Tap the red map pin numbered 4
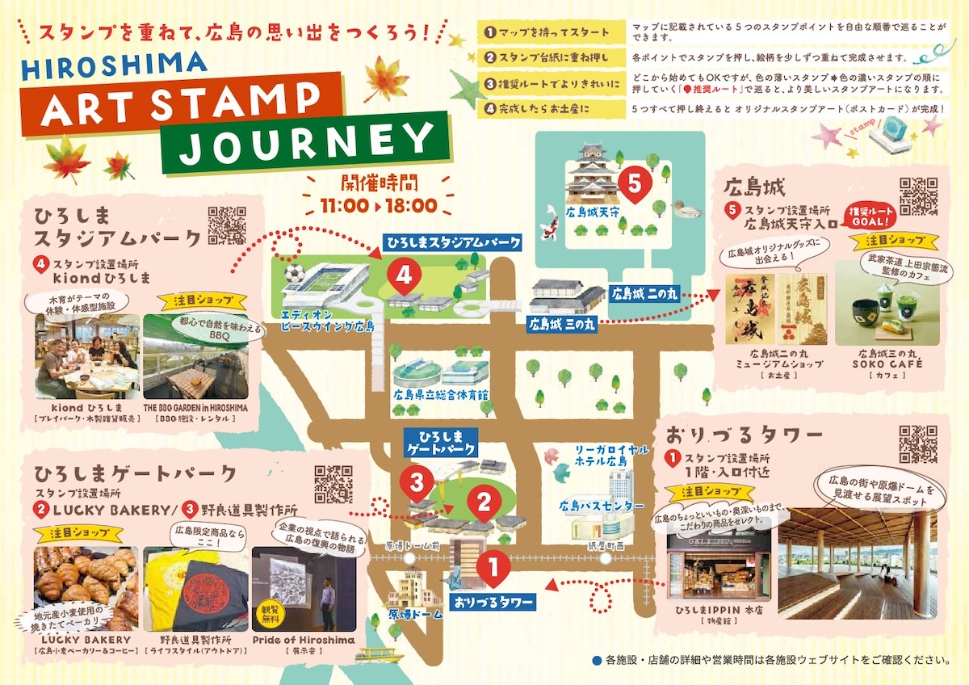(404, 275)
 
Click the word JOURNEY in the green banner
(308, 141)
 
